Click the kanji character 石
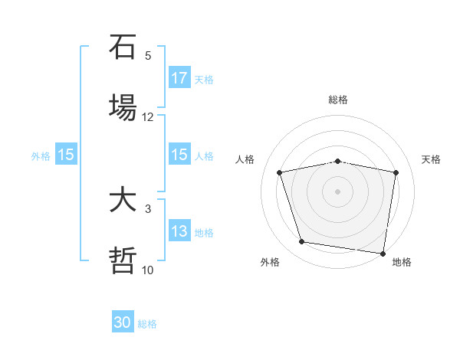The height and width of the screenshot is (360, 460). tap(123, 48)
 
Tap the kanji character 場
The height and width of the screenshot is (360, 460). tap(123, 106)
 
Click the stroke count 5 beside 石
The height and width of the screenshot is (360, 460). tap(148, 56)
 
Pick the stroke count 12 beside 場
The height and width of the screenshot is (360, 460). tap(148, 117)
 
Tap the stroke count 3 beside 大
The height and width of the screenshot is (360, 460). tap(148, 208)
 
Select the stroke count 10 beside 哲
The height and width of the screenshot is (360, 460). tap(148, 270)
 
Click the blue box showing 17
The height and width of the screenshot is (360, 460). tap(179, 78)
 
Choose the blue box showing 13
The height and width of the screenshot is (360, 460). tap(179, 231)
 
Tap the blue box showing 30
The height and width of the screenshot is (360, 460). tap(123, 322)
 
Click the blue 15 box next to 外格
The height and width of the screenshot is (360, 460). tap(66, 155)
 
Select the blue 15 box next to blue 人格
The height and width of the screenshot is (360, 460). tap(179, 155)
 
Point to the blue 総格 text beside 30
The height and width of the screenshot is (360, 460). tap(147, 324)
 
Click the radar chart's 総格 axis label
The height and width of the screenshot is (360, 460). tap(338, 100)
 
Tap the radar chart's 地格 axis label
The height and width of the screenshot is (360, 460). tap(402, 263)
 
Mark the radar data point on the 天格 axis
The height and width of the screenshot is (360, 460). tap(396, 172)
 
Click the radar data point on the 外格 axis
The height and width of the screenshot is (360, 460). tap(302, 242)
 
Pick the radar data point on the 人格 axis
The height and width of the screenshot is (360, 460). tap(281, 172)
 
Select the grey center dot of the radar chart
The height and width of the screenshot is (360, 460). tap(338, 191)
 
